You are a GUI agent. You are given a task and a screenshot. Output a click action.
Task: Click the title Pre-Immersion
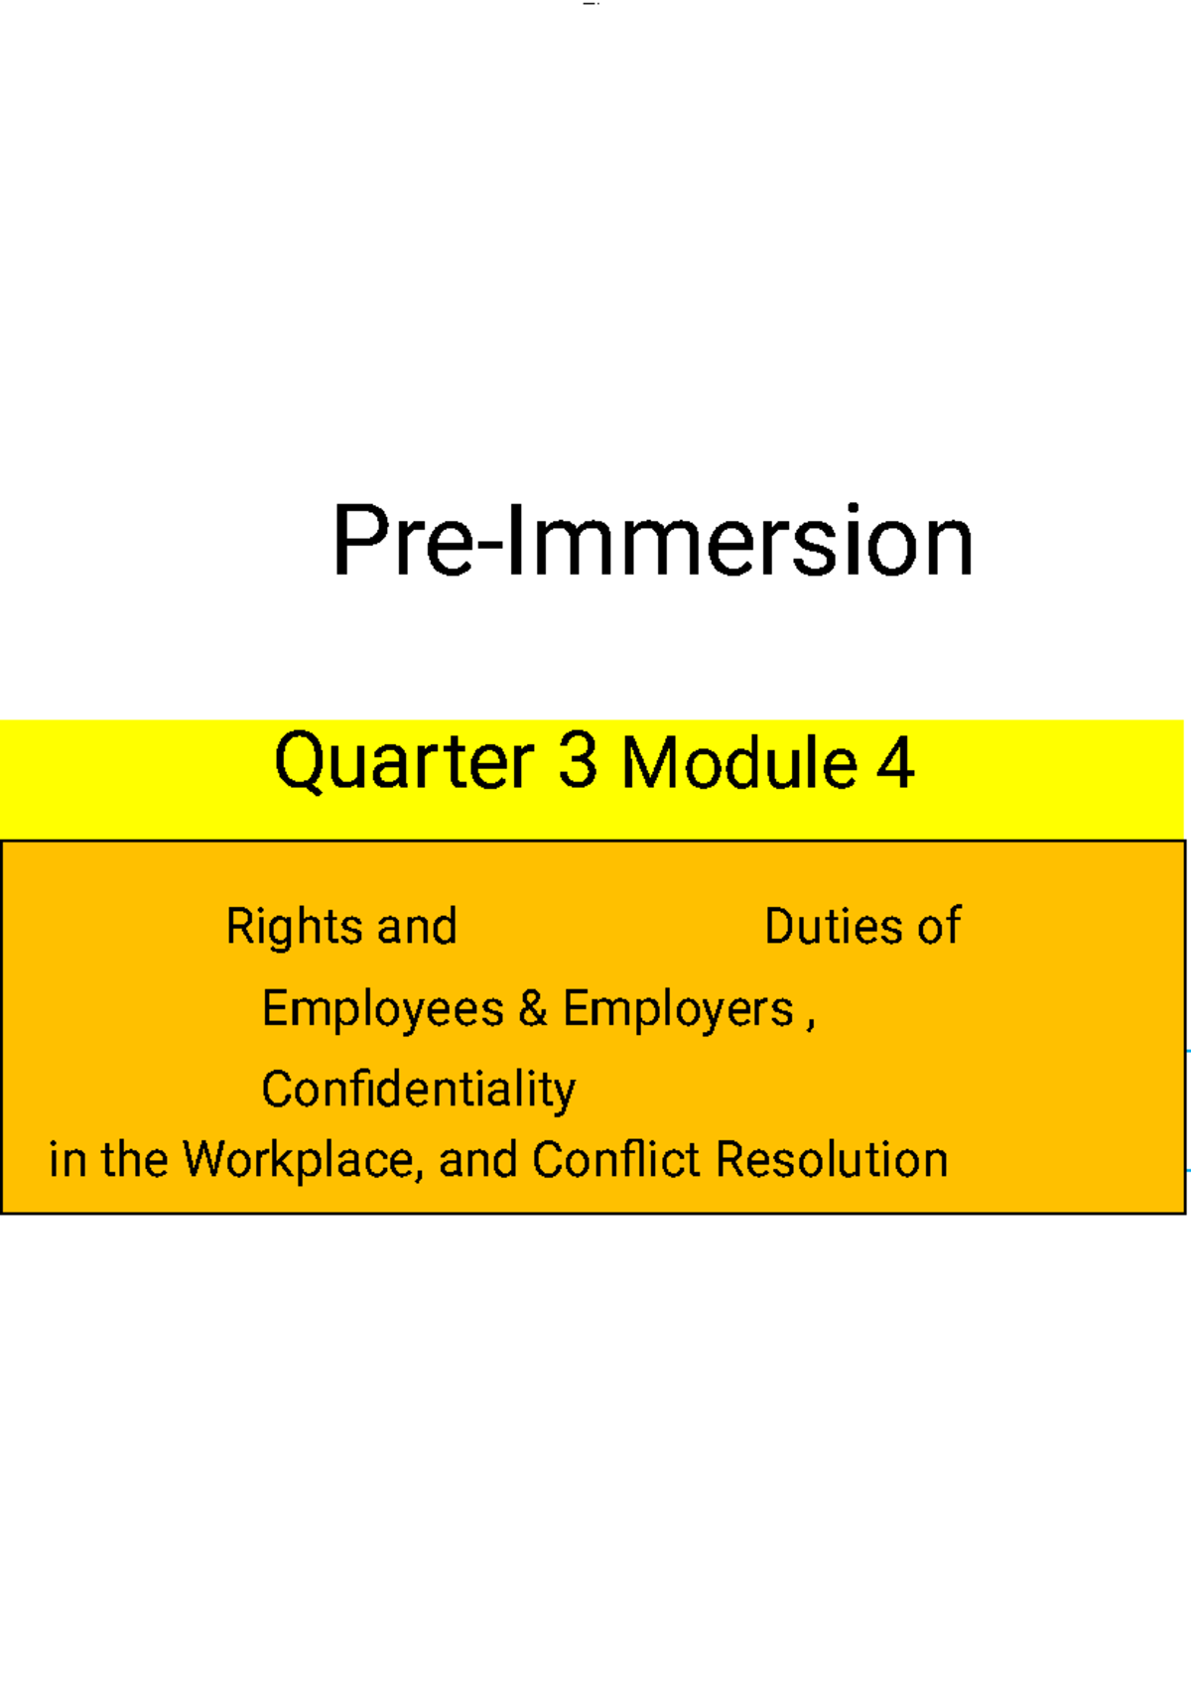(652, 541)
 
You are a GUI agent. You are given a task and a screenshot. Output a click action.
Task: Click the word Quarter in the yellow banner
(404, 762)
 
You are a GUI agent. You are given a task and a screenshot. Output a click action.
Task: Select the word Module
(739, 763)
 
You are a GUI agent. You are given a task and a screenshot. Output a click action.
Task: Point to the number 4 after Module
(894, 763)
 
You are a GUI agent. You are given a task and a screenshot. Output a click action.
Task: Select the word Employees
(383, 1009)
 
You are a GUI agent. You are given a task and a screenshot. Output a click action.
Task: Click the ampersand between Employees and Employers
(533, 1008)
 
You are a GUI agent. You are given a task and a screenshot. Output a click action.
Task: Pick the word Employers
(679, 1009)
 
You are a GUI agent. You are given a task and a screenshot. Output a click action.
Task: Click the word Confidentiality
(418, 1090)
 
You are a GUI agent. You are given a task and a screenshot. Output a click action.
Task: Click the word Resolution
(832, 1159)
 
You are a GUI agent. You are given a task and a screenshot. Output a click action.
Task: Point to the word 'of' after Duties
(939, 927)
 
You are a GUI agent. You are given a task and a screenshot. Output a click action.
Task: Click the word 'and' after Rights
(417, 927)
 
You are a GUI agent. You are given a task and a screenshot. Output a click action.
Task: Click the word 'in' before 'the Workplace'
(67, 1159)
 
